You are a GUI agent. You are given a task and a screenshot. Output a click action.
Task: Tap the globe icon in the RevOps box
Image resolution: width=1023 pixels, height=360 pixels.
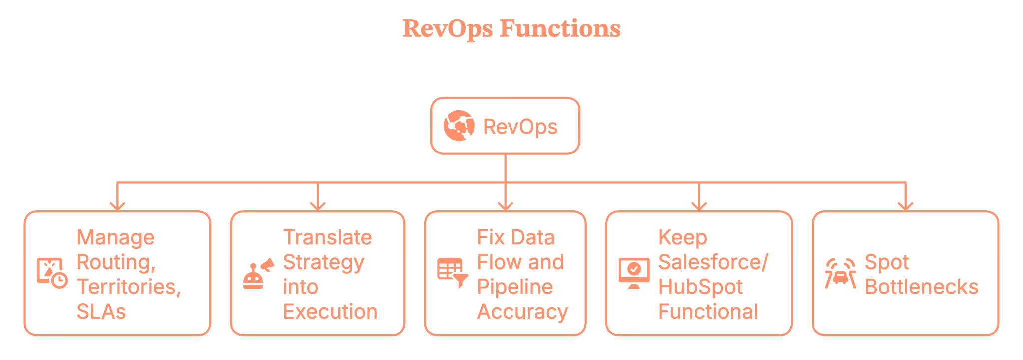click(x=458, y=126)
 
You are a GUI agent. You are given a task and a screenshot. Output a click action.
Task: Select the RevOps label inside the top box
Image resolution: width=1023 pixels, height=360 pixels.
click(x=520, y=127)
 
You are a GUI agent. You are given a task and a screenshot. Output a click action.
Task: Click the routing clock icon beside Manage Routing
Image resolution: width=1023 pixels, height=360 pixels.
click(x=52, y=273)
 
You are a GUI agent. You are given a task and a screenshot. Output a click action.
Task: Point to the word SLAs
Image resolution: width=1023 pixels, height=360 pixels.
click(x=101, y=312)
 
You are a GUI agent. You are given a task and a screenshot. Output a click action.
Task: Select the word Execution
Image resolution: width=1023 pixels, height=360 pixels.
click(x=330, y=312)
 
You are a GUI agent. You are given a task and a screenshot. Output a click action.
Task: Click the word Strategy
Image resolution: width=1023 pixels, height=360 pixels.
click(x=324, y=262)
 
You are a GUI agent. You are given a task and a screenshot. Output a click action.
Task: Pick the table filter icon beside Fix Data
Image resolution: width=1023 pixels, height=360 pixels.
click(x=452, y=273)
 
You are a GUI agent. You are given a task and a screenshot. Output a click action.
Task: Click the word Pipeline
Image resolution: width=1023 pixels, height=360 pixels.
click(x=514, y=287)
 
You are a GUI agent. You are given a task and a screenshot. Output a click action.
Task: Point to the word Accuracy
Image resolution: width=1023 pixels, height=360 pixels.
click(x=522, y=312)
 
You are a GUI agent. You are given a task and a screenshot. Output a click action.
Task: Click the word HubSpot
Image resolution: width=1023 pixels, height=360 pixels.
click(x=700, y=287)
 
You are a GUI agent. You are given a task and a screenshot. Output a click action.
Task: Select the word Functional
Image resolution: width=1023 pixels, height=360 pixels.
click(x=708, y=312)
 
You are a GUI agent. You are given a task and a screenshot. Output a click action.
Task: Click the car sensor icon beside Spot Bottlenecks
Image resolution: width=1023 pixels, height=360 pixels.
click(x=840, y=273)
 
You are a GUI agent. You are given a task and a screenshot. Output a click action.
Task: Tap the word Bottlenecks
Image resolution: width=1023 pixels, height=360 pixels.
click(x=921, y=287)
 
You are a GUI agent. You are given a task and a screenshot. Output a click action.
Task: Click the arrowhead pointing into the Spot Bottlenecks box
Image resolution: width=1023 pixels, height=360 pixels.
click(x=905, y=206)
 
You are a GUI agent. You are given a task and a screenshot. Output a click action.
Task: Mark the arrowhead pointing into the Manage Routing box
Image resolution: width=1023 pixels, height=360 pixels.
click(x=117, y=206)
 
